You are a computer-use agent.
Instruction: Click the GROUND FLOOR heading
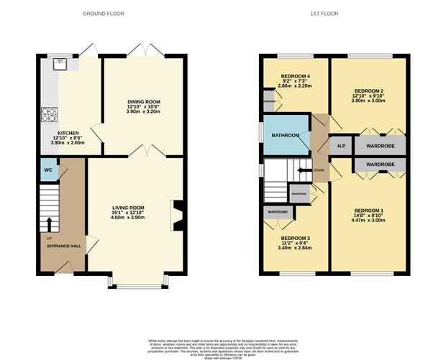[103, 14]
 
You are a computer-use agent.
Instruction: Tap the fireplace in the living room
[178, 213]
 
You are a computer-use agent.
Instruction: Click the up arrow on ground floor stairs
[49, 223]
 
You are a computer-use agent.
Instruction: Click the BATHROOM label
[285, 136]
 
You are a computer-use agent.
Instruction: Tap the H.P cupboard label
[341, 147]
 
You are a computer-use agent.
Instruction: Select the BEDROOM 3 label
[295, 238]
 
